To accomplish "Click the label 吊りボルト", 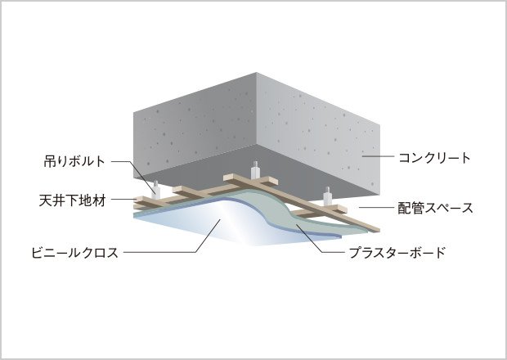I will [74, 161].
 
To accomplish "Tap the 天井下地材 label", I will [74, 199].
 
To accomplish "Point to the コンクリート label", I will [433, 158].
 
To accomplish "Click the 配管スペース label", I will [435, 208].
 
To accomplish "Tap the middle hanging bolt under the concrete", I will [256, 170].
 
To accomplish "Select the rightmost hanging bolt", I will [328, 197].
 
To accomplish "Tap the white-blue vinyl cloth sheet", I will [196, 229].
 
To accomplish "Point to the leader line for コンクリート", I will [379, 157].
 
